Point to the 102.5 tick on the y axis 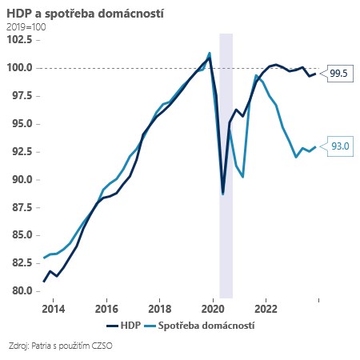point(21,40)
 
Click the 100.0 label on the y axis point(21,68)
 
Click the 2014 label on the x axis point(54,308)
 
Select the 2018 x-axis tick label point(159,308)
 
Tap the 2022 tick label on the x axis point(266,308)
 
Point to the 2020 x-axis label point(213,308)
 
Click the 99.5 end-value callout point(338,74)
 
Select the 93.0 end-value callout point(338,146)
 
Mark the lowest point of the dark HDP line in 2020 point(222,192)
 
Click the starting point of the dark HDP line point(44,281)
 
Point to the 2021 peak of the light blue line point(255,75)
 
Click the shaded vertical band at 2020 point(226,240)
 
